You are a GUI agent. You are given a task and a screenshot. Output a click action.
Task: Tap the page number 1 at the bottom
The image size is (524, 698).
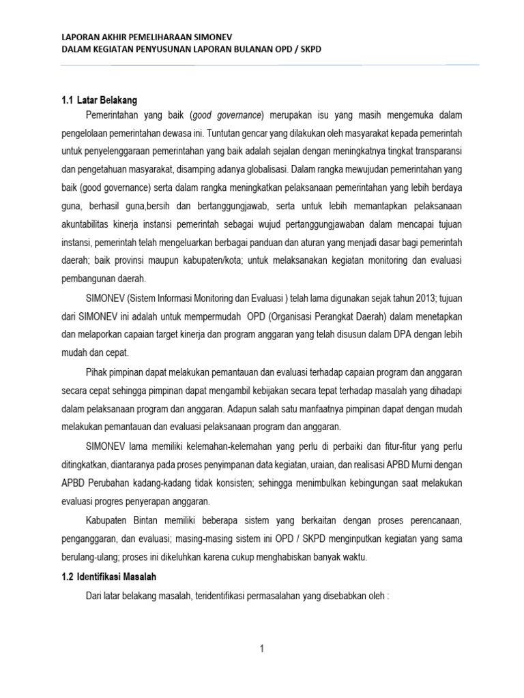coord(261,648)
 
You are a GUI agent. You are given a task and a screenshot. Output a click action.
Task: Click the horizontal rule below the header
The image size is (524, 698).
coord(270,65)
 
